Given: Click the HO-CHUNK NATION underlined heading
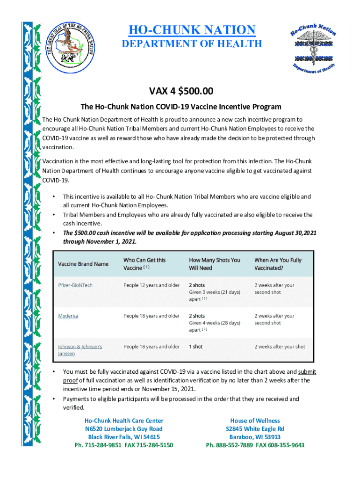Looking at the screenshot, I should pyautogui.click(x=192, y=30).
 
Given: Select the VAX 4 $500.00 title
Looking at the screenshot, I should pyautogui.click(x=180, y=91).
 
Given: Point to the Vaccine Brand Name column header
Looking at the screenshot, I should pyautogui.click(x=83, y=264).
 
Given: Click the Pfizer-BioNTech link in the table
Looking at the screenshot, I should pyautogui.click(x=75, y=285).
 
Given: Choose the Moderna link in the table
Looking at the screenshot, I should pyautogui.click(x=68, y=316).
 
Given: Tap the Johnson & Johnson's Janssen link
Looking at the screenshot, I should pyautogui.click(x=79, y=350).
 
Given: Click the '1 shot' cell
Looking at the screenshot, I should pyautogui.click(x=195, y=347).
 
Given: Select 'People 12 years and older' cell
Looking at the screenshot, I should pyautogui.click(x=151, y=285).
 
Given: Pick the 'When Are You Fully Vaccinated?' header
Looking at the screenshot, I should pyautogui.click(x=278, y=264).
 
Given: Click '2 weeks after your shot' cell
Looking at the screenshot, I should pyautogui.click(x=280, y=347).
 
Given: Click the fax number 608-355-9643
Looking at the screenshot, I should pyautogui.click(x=285, y=445).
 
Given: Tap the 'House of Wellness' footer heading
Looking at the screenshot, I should pyautogui.click(x=255, y=421).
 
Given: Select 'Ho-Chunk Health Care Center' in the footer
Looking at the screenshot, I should pyautogui.click(x=124, y=421).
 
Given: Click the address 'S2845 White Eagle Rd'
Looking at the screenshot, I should pyautogui.click(x=255, y=429).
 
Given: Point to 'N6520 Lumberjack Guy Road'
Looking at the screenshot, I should pyautogui.click(x=124, y=429).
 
